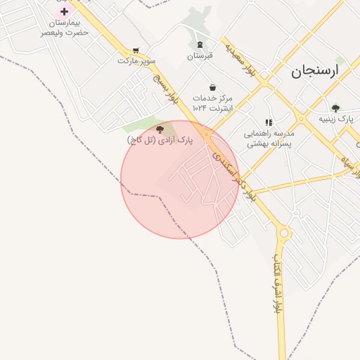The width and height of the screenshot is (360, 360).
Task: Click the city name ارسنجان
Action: point(314,71)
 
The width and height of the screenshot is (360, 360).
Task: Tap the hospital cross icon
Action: point(65,11)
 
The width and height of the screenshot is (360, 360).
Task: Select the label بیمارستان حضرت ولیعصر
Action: point(64,27)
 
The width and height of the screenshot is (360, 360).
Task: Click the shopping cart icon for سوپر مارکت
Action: point(136,51)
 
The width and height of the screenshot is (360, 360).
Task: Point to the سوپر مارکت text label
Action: point(135,61)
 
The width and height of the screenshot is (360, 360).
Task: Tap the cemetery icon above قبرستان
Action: point(200,44)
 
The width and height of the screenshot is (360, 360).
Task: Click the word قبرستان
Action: point(200,56)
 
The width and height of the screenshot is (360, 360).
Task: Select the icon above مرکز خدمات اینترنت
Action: point(212,87)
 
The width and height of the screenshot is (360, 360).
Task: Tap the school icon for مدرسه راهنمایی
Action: point(269,122)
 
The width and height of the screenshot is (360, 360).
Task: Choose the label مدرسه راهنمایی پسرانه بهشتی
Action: point(269,138)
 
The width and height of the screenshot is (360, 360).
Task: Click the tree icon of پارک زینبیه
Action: point(335,108)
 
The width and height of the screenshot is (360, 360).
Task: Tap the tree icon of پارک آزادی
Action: point(160,129)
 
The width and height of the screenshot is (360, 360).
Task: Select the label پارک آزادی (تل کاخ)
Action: point(160,141)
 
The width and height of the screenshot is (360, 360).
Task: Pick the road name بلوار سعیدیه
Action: point(239,56)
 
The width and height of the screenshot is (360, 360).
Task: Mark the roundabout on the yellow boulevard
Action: point(283,233)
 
